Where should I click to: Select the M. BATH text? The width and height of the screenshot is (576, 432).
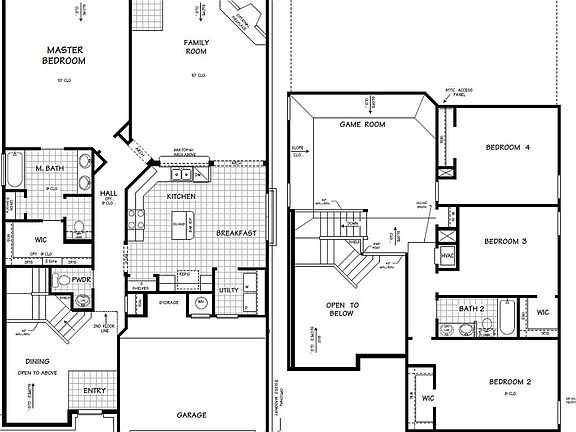51,167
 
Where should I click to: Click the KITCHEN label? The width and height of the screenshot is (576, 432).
181,197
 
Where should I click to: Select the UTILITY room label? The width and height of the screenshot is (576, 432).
229,290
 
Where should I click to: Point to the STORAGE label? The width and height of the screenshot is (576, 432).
169,301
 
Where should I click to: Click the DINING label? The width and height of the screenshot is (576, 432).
40,362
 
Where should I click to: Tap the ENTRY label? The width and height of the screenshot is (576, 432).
95,391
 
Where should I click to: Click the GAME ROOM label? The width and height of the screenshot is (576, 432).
362,125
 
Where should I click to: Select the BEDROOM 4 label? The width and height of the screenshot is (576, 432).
507,148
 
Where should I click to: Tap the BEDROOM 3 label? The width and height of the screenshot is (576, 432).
507,241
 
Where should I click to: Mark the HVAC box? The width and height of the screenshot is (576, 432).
447,255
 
